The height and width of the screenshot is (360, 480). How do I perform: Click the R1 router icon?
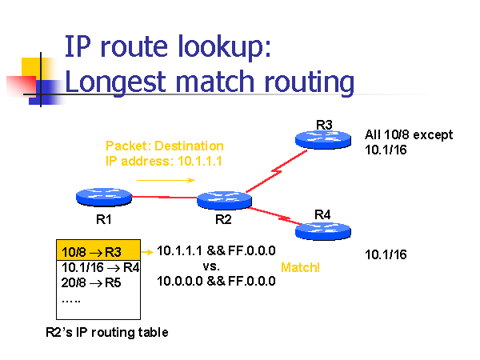pos(104,197)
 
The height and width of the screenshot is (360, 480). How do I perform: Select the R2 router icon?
pos(224,200)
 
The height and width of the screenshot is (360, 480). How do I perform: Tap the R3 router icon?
pos(323,139)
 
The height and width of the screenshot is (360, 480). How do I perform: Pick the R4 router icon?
pos(323,231)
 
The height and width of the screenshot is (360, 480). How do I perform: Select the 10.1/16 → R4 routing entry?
pos(101,267)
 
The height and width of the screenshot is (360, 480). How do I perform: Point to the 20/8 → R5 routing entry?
pos(91,282)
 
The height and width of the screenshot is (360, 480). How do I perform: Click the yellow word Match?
pos(300,267)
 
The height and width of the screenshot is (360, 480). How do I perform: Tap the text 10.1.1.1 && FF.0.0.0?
pos(216,250)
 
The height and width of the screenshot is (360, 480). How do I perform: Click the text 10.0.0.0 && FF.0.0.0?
pos(216,281)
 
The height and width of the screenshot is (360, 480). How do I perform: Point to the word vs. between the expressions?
pos(211,266)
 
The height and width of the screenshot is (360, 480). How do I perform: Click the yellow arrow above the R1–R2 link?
pos(166,180)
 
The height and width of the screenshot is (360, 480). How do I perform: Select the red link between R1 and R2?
pos(164,197)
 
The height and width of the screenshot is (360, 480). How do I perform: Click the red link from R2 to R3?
pos(276,171)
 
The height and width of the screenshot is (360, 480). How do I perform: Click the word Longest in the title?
pos(115,82)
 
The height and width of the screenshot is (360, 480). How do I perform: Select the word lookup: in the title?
pos(224,47)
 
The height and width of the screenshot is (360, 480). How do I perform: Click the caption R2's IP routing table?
pos(107,333)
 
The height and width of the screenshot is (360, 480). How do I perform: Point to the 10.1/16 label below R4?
pos(386,254)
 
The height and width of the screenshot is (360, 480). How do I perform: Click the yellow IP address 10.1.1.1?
pos(199,161)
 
